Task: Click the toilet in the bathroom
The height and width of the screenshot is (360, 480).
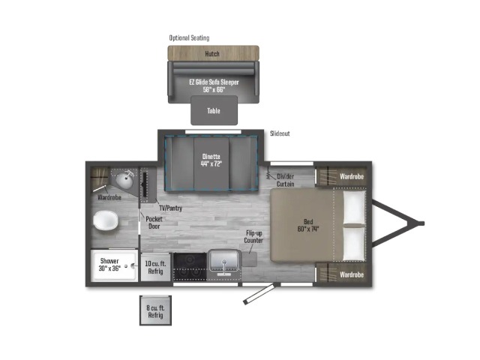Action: click(106, 220)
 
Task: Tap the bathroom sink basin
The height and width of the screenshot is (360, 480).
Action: click(124, 180)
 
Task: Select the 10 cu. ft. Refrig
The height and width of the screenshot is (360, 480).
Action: click(155, 267)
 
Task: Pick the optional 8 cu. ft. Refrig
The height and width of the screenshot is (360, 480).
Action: click(155, 310)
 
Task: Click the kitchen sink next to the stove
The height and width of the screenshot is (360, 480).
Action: click(224, 263)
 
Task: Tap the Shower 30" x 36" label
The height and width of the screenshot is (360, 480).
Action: click(109, 265)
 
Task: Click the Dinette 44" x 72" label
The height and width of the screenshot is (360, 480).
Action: click(211, 160)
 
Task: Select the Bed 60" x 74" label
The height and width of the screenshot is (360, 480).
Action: click(308, 225)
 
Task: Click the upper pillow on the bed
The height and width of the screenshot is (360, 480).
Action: click(354, 207)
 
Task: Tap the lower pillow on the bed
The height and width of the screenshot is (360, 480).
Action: click(354, 243)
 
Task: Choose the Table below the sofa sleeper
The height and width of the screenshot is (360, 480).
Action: click(214, 110)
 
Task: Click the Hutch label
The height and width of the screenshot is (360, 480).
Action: click(212, 54)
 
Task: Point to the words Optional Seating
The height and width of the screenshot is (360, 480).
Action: click(189, 38)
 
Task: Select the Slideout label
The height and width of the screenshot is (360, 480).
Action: click(280, 133)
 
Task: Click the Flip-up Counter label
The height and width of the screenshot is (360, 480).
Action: click(253, 237)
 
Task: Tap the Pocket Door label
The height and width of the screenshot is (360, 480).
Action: click(154, 223)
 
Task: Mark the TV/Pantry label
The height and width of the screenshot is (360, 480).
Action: click(170, 208)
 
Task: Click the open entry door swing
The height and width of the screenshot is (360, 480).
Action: click(261, 293)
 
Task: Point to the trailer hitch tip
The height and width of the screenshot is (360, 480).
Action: click(423, 223)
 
